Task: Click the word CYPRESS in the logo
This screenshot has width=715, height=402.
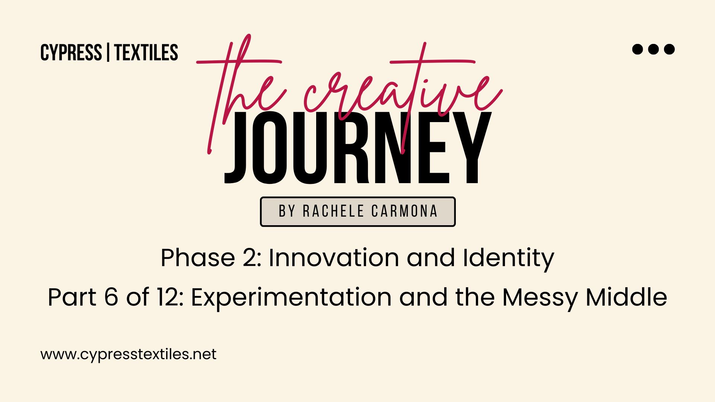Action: pyautogui.click(x=71, y=52)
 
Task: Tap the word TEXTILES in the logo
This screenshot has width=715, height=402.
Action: pyautogui.click(x=146, y=52)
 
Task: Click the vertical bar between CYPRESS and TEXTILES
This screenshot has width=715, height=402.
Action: pyautogui.click(x=108, y=52)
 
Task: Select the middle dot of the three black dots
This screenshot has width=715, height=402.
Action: pyautogui.click(x=654, y=49)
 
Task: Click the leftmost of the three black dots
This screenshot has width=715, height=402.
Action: pyautogui.click(x=638, y=49)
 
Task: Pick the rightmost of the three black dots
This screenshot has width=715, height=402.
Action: pyautogui.click(x=669, y=49)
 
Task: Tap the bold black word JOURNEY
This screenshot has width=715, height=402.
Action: pyautogui.click(x=358, y=148)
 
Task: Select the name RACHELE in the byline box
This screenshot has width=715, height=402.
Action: pyautogui.click(x=333, y=211)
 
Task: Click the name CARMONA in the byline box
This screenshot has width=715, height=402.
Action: pyautogui.click(x=404, y=211)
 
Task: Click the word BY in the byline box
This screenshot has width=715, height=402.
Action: pyautogui.click(x=287, y=211)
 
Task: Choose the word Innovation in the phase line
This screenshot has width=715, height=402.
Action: pyautogui.click(x=334, y=257)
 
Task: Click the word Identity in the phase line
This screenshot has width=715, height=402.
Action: pyautogui.click(x=508, y=259)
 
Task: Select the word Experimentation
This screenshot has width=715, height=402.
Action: pyautogui.click(x=291, y=298)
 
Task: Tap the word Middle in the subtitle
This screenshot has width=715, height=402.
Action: pyautogui.click(x=626, y=297)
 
